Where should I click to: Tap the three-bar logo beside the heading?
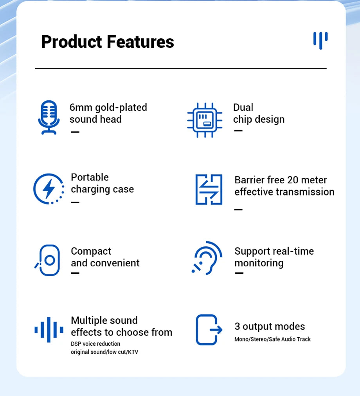click(320, 40)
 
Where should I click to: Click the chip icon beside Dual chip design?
click(204, 120)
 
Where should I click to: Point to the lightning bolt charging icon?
click(49, 189)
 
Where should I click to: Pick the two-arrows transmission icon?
click(209, 190)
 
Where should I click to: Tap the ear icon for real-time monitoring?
click(207, 258)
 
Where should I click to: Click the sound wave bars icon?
click(49, 330)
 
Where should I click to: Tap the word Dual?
click(243, 107)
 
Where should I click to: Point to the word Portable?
click(90, 177)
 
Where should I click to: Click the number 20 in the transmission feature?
click(293, 180)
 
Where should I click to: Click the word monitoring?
click(259, 263)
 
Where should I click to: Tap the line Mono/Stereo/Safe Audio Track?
click(272, 339)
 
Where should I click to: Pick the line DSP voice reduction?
click(95, 344)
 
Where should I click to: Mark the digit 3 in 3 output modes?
click(237, 326)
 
